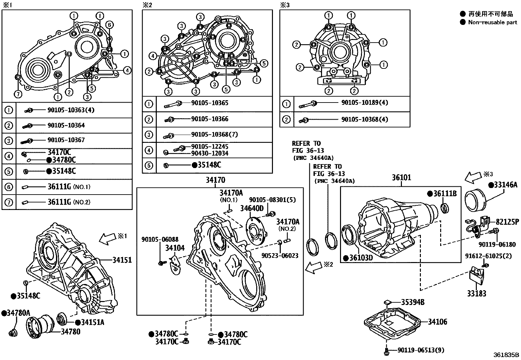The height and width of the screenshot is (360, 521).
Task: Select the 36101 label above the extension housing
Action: (x=402, y=178)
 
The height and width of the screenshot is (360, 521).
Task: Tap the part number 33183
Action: (x=476, y=294)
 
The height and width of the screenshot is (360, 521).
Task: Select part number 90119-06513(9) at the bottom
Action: (x=421, y=350)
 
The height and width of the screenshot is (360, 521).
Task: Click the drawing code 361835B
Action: (x=506, y=355)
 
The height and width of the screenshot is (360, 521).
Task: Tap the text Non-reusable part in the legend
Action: (x=493, y=22)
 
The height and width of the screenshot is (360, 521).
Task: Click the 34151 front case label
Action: (x=122, y=260)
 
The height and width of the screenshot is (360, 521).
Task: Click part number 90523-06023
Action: (x=280, y=255)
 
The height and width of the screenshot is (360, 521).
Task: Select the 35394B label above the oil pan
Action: (x=413, y=302)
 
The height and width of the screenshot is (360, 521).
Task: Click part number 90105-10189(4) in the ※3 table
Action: (x=364, y=103)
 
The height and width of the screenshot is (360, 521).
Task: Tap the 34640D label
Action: (x=252, y=208)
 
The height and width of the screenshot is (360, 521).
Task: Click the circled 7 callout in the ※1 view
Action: (x=18, y=94)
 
